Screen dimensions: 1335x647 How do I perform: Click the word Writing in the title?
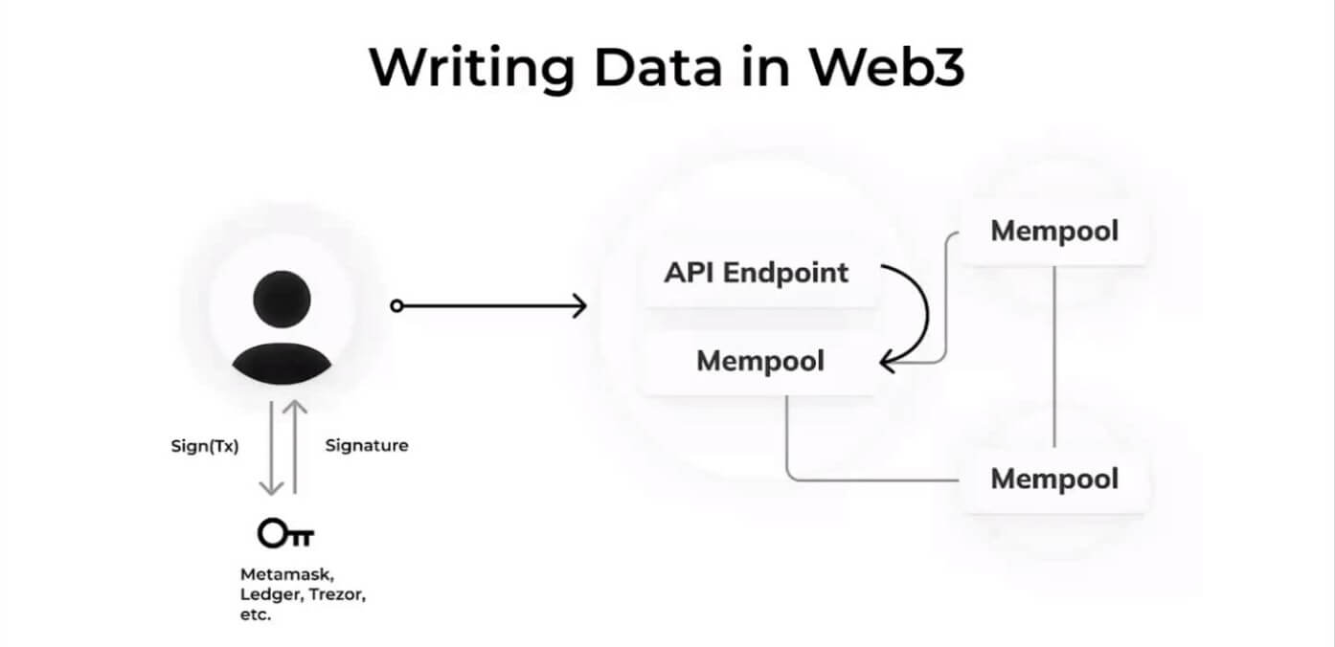point(472,68)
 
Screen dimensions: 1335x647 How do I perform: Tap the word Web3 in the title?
point(886,67)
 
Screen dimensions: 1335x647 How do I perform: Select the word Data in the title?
point(658,67)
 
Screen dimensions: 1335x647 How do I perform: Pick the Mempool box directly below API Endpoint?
point(759,362)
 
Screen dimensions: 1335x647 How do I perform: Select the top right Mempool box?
point(1053,232)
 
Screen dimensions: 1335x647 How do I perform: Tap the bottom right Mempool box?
point(1053,480)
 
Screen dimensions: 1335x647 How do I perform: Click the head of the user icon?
point(282,299)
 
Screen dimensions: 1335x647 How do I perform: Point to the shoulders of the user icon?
point(282,364)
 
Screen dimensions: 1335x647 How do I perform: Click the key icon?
point(285,533)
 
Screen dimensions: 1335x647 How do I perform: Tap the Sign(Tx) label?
point(204,446)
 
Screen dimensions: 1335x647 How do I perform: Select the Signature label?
point(367,446)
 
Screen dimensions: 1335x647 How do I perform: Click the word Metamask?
point(286,575)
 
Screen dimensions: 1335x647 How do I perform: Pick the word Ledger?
point(272,595)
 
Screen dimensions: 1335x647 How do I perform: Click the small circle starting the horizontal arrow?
point(396,306)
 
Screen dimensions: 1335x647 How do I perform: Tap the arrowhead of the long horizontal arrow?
point(579,306)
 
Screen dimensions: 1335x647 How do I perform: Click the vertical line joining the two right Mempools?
point(1054,356)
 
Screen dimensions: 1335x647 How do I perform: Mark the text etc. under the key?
point(256,614)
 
